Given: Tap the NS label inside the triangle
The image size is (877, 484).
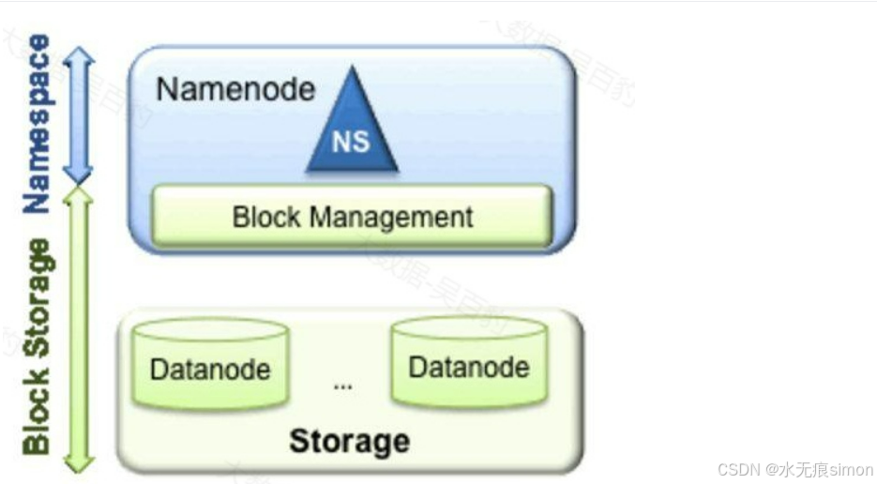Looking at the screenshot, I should [x=351, y=143].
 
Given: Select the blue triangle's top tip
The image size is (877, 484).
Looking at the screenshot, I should [x=352, y=68].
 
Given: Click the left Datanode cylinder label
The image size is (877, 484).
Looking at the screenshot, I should [x=209, y=369].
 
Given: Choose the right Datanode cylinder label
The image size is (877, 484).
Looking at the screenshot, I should [x=468, y=366].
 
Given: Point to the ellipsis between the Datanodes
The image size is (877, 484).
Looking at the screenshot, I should [x=342, y=386].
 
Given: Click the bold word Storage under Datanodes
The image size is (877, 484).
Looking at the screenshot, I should [x=349, y=441].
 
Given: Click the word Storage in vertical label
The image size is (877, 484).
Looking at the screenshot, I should [x=36, y=298].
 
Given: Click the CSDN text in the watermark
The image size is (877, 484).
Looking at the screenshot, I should [x=737, y=470].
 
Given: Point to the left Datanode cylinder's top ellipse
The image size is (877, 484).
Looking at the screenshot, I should [x=209, y=329].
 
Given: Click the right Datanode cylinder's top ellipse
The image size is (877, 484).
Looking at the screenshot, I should [x=468, y=327].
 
